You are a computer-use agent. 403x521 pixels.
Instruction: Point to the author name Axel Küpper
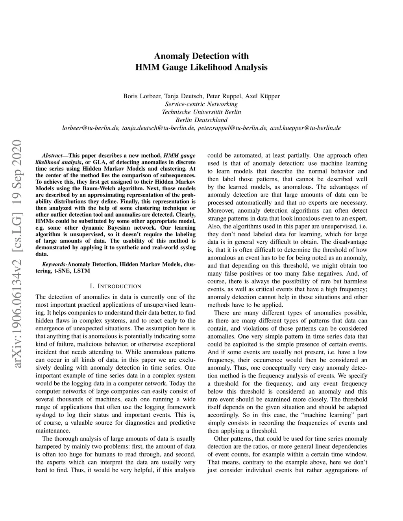[263, 96]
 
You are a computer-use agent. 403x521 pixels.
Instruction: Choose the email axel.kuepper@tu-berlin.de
[305, 128]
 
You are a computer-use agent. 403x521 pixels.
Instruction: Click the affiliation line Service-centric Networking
[201, 104]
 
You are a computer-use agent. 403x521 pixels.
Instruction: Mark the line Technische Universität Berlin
[201, 112]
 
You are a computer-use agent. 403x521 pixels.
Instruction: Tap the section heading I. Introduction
[115, 286]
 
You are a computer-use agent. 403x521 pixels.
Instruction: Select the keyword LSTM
[82, 271]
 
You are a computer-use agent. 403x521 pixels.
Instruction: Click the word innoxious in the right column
[298, 218]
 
